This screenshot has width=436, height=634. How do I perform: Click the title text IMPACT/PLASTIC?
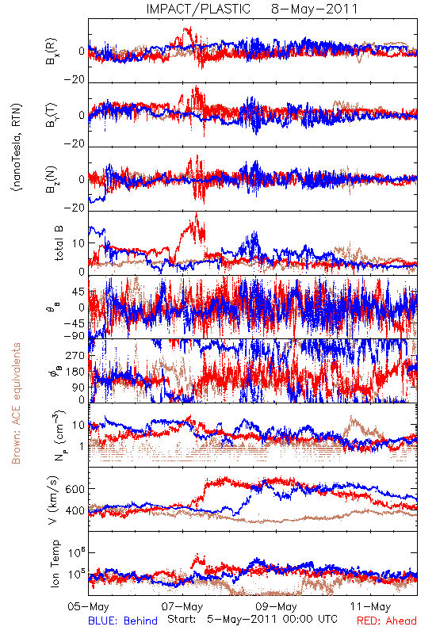point(198,9)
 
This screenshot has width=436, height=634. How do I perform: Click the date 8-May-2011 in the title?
point(315,9)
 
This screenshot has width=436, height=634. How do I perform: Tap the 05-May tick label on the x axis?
point(89,606)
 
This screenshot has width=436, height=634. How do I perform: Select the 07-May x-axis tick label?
point(182,606)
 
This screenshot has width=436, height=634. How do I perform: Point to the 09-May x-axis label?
point(276,606)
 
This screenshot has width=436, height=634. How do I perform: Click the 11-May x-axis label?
point(370,606)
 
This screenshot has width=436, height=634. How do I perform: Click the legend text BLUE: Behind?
point(123,621)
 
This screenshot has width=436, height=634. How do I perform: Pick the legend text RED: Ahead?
point(387,621)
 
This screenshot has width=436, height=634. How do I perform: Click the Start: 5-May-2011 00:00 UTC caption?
point(252,619)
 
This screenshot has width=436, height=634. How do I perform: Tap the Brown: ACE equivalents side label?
point(16,403)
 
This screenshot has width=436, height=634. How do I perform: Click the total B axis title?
point(59,243)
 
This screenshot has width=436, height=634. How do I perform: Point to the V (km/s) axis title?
point(53,500)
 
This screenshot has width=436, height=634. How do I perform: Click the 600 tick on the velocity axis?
point(75,489)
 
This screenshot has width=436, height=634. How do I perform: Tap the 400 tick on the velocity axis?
point(75,510)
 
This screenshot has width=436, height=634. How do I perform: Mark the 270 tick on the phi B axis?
point(75,355)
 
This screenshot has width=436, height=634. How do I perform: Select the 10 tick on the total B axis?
point(78,243)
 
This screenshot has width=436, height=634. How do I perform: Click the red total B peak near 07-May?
point(197,212)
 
